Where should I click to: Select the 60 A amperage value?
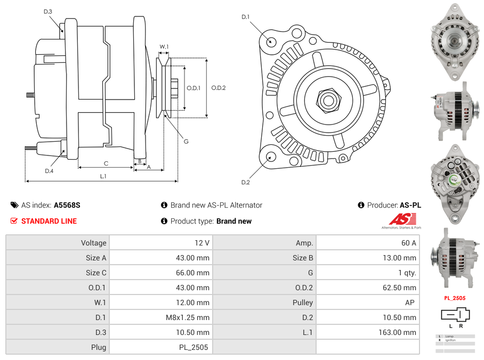(x=408, y=243)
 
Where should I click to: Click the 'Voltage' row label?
(x=93, y=243)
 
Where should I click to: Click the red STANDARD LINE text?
(x=49, y=221)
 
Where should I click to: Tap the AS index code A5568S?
(x=67, y=205)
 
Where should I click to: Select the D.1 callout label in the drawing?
(x=245, y=17)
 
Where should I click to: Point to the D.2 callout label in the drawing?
(x=245, y=183)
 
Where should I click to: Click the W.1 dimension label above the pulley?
(x=164, y=47)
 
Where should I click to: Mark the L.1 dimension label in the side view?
(x=103, y=176)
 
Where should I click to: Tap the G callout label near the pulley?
(x=186, y=142)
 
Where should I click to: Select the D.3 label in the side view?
(x=48, y=11)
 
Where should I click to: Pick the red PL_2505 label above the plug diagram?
(x=455, y=298)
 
